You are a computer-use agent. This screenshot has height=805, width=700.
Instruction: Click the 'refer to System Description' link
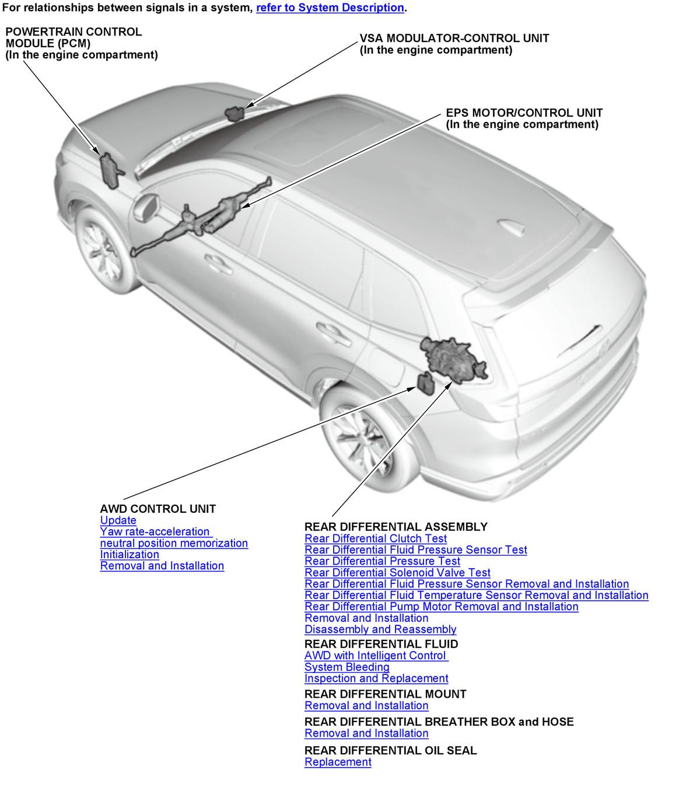[x=330, y=8]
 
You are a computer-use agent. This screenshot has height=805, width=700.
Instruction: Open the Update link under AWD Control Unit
[x=118, y=520]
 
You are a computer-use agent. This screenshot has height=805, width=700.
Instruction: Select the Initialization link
[x=129, y=555]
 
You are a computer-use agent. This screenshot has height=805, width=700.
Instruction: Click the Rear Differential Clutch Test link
[x=376, y=539]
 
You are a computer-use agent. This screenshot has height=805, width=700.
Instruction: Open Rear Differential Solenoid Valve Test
[x=397, y=573]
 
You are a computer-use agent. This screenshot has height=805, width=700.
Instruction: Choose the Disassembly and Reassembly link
[x=380, y=629]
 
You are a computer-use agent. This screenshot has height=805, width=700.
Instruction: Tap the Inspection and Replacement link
[x=376, y=678]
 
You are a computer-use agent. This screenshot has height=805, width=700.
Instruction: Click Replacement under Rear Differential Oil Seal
[x=338, y=762]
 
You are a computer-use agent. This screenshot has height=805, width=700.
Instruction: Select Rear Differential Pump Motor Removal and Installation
[x=442, y=607]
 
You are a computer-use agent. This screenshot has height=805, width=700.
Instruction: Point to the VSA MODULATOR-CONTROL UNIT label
[x=454, y=38]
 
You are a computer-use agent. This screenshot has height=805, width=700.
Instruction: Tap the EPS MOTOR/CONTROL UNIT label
[x=524, y=113]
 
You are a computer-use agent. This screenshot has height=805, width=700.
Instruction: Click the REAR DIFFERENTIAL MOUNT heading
[x=386, y=694]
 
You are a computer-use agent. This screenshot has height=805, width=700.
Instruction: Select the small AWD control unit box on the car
[x=425, y=383]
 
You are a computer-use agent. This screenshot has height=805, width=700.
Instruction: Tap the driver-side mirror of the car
[x=146, y=207]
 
